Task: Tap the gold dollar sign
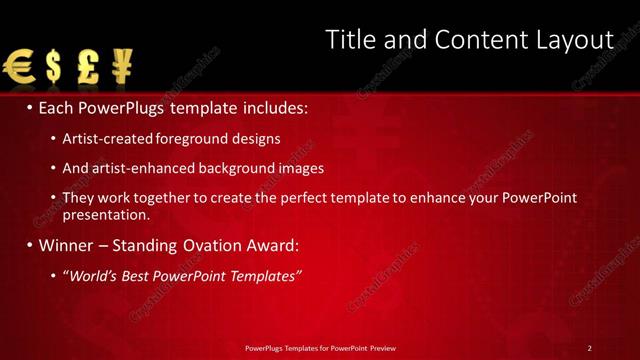click(x=53, y=68)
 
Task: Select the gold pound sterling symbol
click(x=87, y=68)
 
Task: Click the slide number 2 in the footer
click(x=590, y=347)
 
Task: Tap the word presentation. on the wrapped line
click(x=106, y=214)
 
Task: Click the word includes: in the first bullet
click(x=272, y=107)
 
